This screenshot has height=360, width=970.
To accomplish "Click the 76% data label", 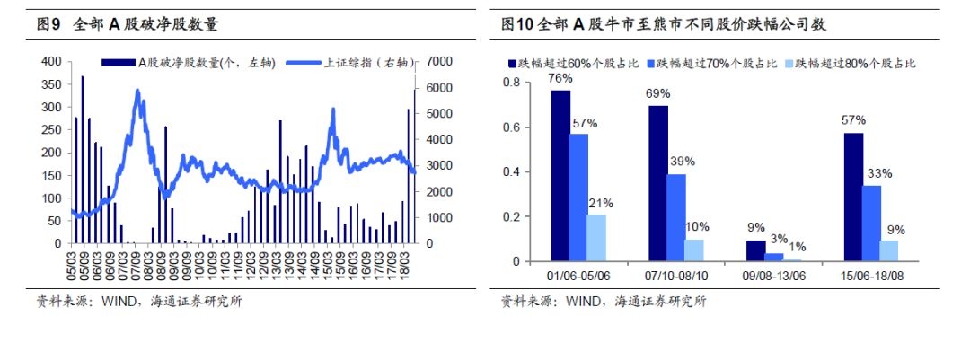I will coord(561,78).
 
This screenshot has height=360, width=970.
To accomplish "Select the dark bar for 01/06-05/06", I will coord(560,176).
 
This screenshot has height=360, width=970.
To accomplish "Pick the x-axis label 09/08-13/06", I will coord(773,274).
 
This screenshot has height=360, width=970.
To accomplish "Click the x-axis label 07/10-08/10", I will coord(676,274).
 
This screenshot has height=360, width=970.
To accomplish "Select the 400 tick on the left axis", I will coord(51,61).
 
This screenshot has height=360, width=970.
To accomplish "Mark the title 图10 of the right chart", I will coord(519,25).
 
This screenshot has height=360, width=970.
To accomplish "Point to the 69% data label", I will coord(658,93).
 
